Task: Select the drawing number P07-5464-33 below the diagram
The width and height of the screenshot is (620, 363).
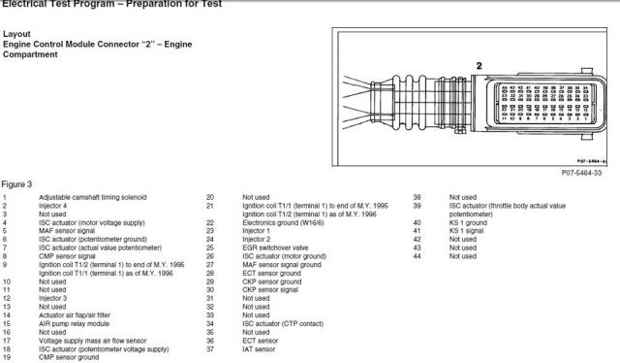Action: pos(581,172)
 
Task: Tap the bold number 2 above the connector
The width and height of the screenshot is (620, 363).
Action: pos(478,66)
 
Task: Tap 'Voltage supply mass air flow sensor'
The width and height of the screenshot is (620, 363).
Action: pos(92,341)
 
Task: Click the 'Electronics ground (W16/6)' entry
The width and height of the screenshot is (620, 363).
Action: pos(284,222)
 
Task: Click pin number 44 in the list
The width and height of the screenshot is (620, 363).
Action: pos(417,256)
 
